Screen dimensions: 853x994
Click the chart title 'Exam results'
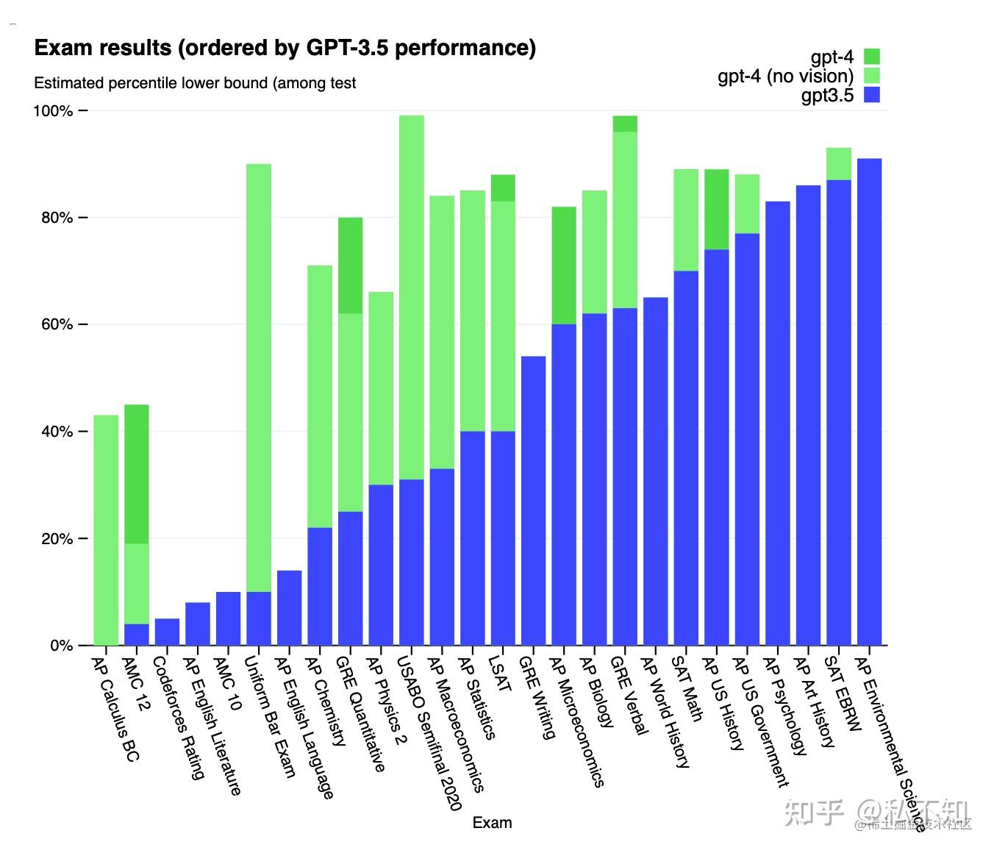[x=285, y=49]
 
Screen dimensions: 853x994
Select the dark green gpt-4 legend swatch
[x=871, y=57]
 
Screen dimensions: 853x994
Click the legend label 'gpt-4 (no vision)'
[x=785, y=76]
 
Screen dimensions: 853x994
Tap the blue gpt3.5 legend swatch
[x=871, y=95]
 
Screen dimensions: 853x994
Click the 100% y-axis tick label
[x=53, y=111]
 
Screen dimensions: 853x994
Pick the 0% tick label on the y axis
[x=62, y=646]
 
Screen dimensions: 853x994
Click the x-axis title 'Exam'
[x=492, y=822]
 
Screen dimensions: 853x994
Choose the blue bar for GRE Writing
[x=533, y=500]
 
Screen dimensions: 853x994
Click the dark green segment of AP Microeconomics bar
[x=564, y=265]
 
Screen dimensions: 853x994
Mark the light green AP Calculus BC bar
[x=106, y=529]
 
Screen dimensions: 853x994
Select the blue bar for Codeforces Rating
[x=167, y=632]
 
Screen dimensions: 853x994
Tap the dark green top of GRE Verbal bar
[x=625, y=124]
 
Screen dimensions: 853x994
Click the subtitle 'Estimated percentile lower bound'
[x=195, y=83]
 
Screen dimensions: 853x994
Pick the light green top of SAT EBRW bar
[x=838, y=163]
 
